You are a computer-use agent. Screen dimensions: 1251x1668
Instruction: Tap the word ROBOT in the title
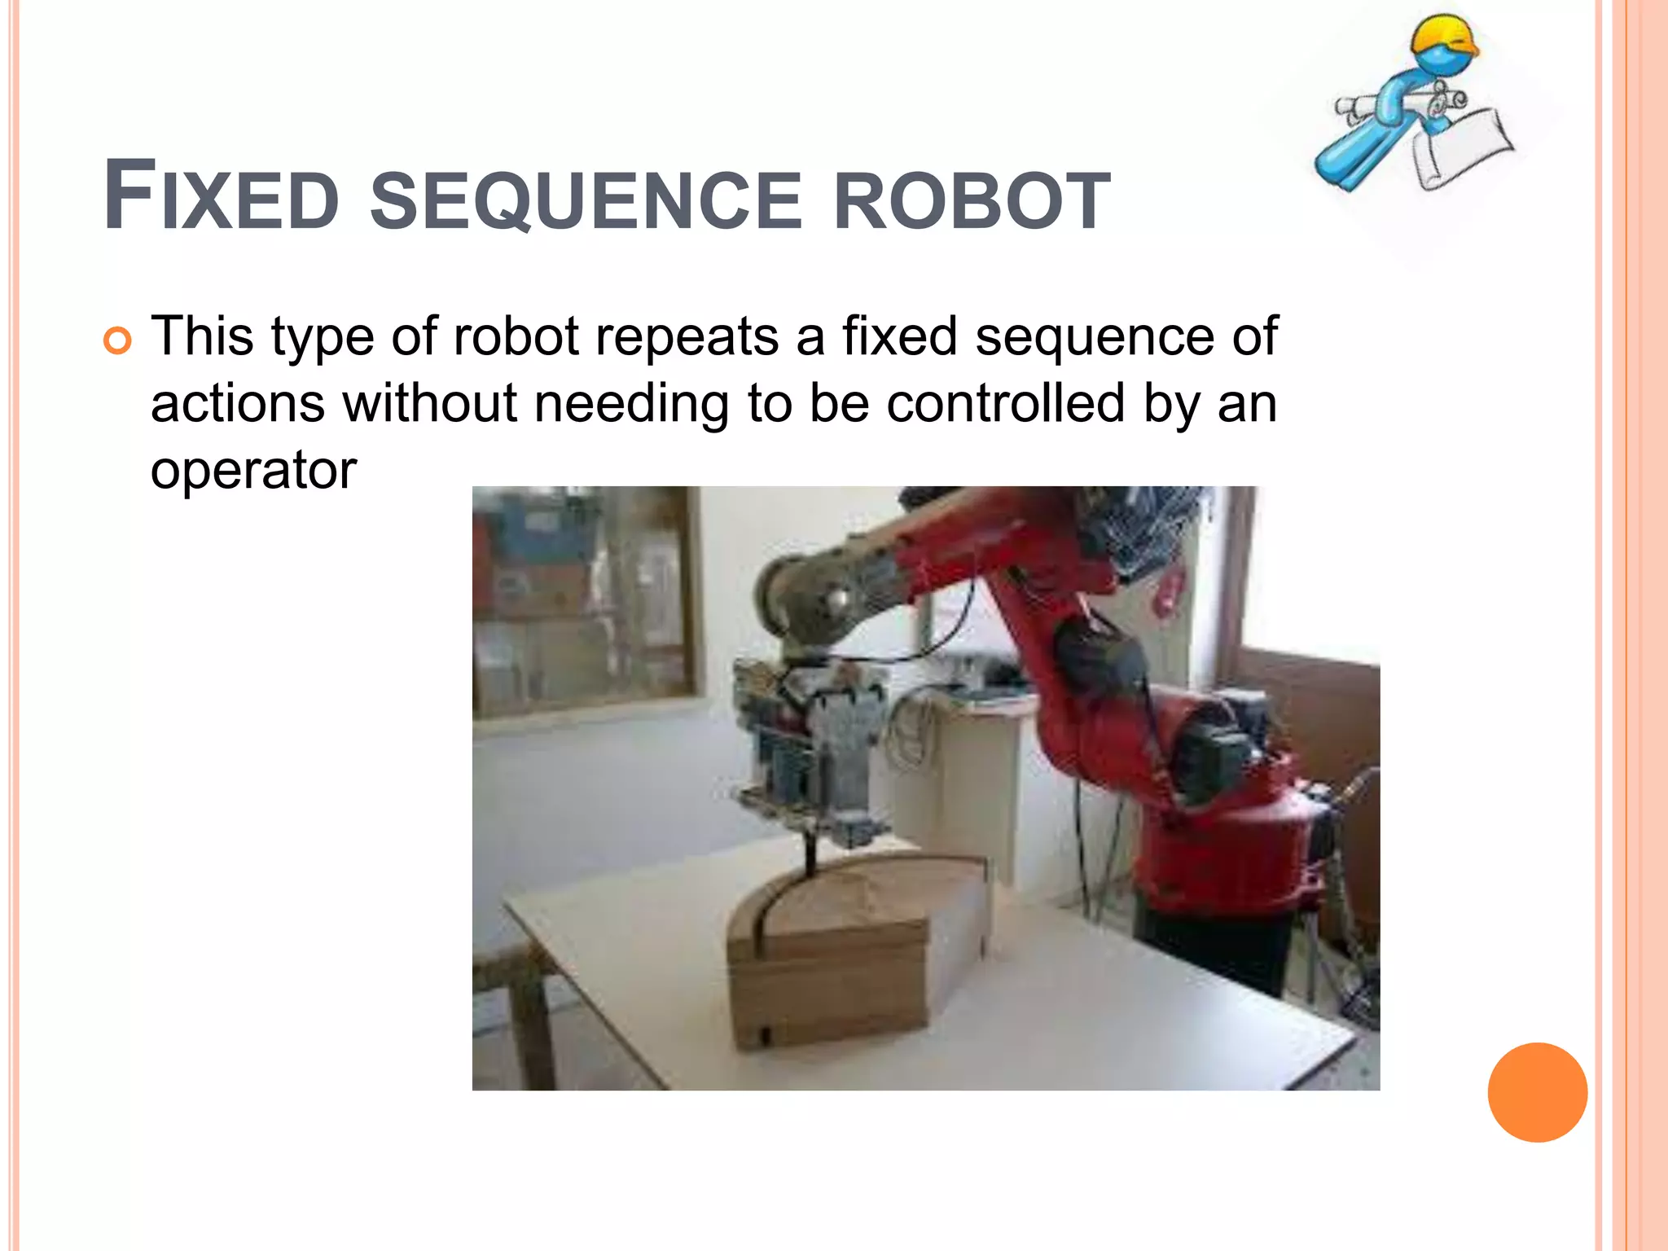click(x=972, y=201)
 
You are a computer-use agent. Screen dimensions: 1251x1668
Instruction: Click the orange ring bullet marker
click(x=117, y=341)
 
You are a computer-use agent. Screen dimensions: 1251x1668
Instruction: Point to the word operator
click(x=253, y=471)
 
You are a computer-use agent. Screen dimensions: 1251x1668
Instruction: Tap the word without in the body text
click(x=429, y=403)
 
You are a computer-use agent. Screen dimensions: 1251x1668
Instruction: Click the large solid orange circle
click(x=1537, y=1092)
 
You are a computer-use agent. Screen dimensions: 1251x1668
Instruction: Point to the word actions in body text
click(x=237, y=403)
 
